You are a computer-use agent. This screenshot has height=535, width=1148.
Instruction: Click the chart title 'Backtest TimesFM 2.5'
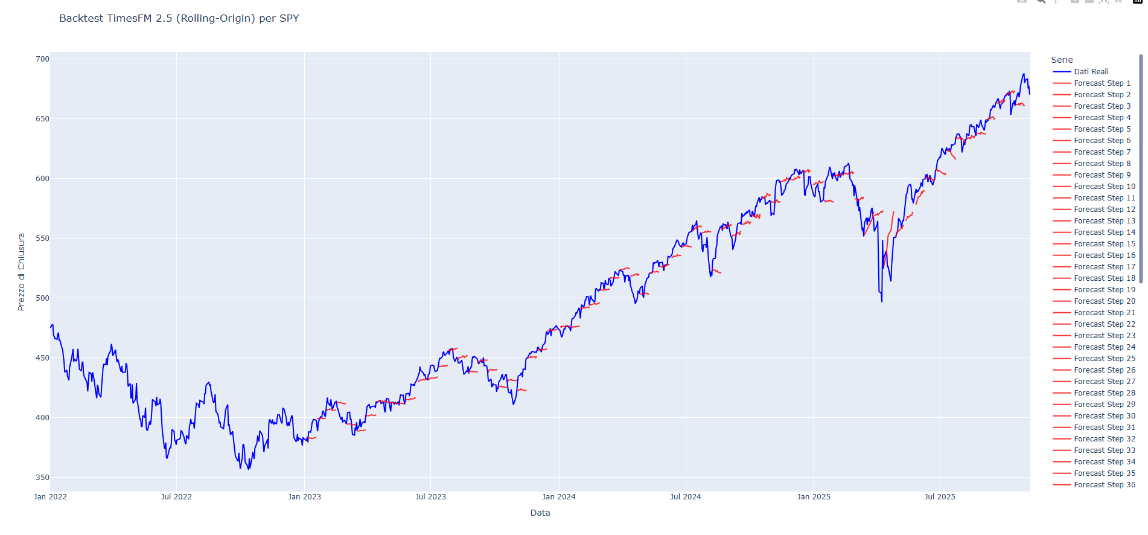[179, 18]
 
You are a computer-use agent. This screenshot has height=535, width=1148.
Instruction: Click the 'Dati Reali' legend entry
[1091, 72]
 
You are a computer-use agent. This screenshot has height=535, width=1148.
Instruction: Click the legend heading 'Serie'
[1062, 60]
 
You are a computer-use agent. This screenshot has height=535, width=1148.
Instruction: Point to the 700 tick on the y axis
[42, 59]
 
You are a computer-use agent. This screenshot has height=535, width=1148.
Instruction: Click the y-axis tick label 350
[42, 478]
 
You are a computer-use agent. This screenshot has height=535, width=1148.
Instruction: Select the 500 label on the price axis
[42, 298]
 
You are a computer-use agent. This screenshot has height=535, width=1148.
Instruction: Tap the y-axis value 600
[42, 179]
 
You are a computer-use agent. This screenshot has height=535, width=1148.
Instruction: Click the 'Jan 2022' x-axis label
[50, 497]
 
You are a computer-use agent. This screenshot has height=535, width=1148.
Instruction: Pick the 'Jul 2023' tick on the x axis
[430, 497]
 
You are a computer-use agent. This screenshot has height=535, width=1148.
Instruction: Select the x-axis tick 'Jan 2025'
[813, 497]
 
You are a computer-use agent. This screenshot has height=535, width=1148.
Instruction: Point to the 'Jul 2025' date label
[940, 497]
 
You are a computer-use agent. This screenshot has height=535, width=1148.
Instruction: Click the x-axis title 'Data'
[540, 513]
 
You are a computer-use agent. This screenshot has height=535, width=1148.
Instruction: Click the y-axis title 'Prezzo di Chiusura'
[21, 272]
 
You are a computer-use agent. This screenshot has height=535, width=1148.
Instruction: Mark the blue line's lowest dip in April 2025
[882, 301]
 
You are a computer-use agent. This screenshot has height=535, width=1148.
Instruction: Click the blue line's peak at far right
[1024, 74]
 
